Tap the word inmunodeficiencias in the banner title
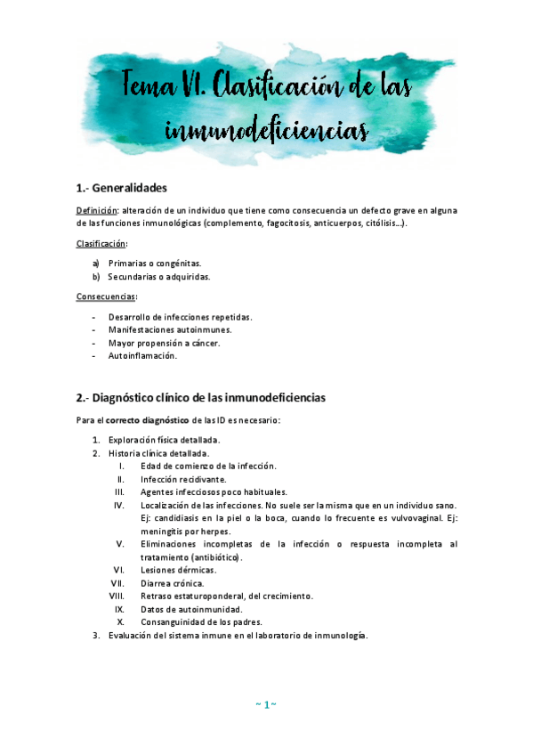pos(267,131)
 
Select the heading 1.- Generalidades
pos(122,188)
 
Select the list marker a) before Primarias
pos(96,263)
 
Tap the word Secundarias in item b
pos(134,276)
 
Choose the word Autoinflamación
pos(142,356)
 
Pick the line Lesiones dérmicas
pos(178,570)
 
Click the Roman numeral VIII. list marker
pos(116,596)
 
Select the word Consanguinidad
pos(172,621)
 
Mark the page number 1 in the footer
pos(266,705)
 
